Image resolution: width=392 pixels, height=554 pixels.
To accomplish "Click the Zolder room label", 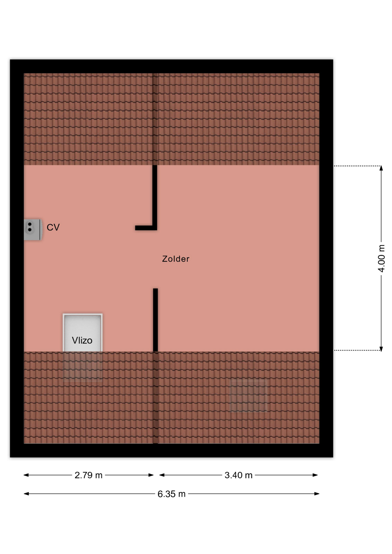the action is coord(176,259).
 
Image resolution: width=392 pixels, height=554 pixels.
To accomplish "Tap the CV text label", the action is coord(53,227).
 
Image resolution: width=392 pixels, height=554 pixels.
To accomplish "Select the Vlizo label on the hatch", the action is coord(82,340).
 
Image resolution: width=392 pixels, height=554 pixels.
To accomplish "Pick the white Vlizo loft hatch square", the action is coord(83,332).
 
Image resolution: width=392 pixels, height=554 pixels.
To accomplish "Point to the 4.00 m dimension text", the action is coord(381,258).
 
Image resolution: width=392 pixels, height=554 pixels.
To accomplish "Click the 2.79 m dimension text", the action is coord(88,475).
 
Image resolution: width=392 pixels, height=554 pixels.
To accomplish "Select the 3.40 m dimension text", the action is coord(238,475).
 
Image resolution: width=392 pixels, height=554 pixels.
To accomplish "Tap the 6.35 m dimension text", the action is coord(171,494).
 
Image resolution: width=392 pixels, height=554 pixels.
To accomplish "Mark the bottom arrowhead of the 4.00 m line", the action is coord(381,349).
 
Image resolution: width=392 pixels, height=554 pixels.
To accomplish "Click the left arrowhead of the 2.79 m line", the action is coord(26,475).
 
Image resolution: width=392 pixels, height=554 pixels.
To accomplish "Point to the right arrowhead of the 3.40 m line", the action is coord(315,475).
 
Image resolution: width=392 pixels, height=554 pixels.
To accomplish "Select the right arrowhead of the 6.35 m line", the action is coord(317,494).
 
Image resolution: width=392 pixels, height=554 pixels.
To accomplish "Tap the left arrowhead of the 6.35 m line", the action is coord(26,494).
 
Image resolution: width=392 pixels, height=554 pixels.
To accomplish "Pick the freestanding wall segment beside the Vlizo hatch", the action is coord(155,320).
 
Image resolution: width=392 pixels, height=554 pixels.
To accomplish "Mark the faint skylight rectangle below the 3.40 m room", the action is coord(248,396).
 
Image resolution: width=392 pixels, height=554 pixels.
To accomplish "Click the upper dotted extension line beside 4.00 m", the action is coord(357,166).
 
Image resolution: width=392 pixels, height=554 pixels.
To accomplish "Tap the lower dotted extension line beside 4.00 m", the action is coord(357,350).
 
